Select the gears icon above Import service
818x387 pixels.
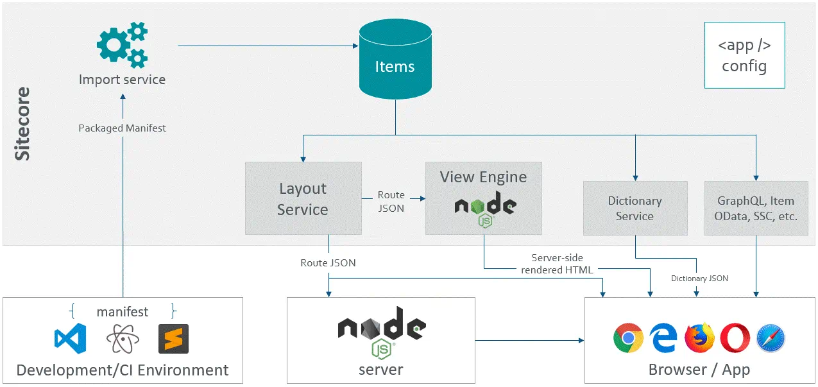pos(122,45)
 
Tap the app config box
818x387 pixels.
pos(744,56)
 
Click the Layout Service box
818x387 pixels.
pos(303,198)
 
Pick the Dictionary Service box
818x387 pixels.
pos(635,208)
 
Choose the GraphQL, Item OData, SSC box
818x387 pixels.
pos(756,208)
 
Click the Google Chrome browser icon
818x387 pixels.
pos(628,338)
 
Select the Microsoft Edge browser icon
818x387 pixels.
pos(663,338)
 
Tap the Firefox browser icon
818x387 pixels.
pos(699,338)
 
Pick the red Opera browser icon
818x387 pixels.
pos(735,338)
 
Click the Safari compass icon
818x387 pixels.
pos(771,338)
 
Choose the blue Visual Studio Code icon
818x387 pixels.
pos(71,338)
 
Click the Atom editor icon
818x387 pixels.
pos(122,338)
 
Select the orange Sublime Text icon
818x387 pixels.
pos(173,338)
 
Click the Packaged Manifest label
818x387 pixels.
pos(122,128)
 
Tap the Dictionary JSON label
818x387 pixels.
pos(699,279)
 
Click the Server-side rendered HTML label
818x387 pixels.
pos(557,264)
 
